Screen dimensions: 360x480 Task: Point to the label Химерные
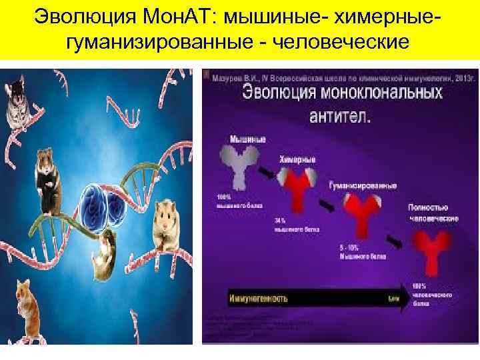click(297, 160)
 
